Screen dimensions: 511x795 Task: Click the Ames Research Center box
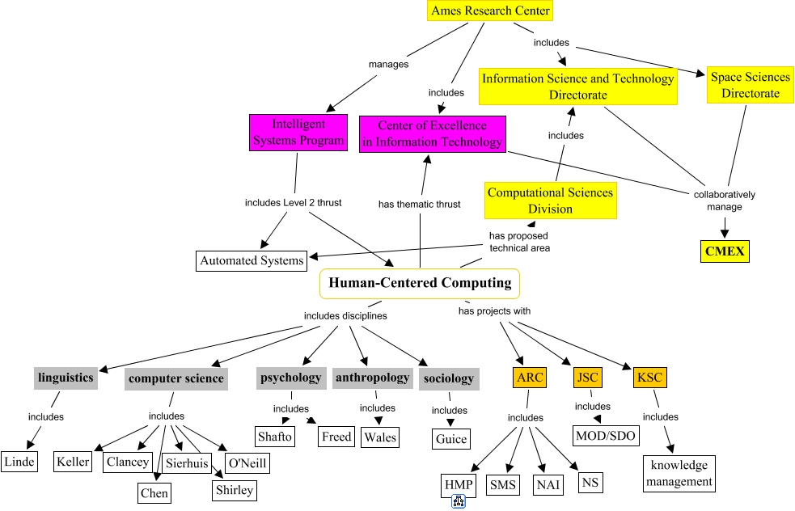[491, 11]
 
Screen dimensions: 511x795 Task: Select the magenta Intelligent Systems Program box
[298, 133]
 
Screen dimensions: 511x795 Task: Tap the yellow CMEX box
[724, 251]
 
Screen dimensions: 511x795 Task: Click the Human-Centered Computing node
[420, 283]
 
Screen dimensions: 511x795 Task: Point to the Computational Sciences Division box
[550, 201]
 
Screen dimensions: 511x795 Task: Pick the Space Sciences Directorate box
[751, 85]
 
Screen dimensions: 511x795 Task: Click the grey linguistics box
[66, 378]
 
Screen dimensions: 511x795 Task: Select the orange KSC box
[649, 378]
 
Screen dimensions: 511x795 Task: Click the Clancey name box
[128, 462]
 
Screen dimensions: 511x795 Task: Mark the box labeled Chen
[154, 492]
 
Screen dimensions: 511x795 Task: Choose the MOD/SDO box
[606, 436]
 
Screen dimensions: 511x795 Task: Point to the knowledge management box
[679, 473]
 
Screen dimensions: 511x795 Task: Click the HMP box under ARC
[457, 485]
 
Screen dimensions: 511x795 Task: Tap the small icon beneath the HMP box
[459, 502]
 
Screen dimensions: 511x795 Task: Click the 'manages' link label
[388, 64]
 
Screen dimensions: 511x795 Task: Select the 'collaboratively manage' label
[724, 201]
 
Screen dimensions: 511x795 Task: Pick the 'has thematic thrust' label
[419, 204]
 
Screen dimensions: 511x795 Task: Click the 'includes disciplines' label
[345, 315]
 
